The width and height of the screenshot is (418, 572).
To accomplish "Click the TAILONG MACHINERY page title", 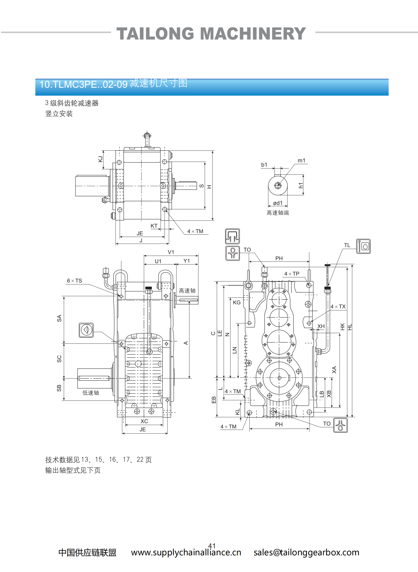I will pyautogui.click(x=211, y=34).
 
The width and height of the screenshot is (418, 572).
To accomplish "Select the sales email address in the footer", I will pyautogui.click(x=306, y=552).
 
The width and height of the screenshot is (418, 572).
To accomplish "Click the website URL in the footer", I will pyautogui.click(x=186, y=552).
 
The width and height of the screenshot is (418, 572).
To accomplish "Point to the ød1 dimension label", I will pyautogui.click(x=278, y=203).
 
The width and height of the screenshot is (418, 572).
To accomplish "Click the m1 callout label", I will pyautogui.click(x=301, y=161).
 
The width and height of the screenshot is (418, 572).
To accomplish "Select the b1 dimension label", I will pyautogui.click(x=264, y=165).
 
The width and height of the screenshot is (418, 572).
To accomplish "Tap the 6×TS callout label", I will pyautogui.click(x=74, y=281).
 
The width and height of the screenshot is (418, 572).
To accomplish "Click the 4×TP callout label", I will pyautogui.click(x=292, y=274).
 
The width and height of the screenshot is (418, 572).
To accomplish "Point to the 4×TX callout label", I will pyautogui.click(x=338, y=306).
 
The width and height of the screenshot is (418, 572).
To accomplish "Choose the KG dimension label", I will pyautogui.click(x=237, y=303).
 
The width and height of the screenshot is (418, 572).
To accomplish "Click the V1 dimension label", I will pyautogui.click(x=171, y=252).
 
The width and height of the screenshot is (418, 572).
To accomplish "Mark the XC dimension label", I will pyautogui.click(x=144, y=421).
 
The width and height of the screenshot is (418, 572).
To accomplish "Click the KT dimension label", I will pyautogui.click(x=154, y=226).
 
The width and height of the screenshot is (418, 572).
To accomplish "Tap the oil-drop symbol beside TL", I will pyautogui.click(x=363, y=246).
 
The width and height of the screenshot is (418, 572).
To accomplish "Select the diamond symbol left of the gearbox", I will pyautogui.click(x=86, y=330).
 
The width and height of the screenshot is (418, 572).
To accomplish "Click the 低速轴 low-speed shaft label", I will pyautogui.click(x=91, y=393).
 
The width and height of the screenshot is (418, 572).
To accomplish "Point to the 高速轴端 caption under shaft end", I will pyautogui.click(x=278, y=213).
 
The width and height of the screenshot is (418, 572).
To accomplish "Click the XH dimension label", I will pyautogui.click(x=321, y=326).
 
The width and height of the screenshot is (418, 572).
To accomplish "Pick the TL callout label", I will pyautogui.click(x=347, y=245).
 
